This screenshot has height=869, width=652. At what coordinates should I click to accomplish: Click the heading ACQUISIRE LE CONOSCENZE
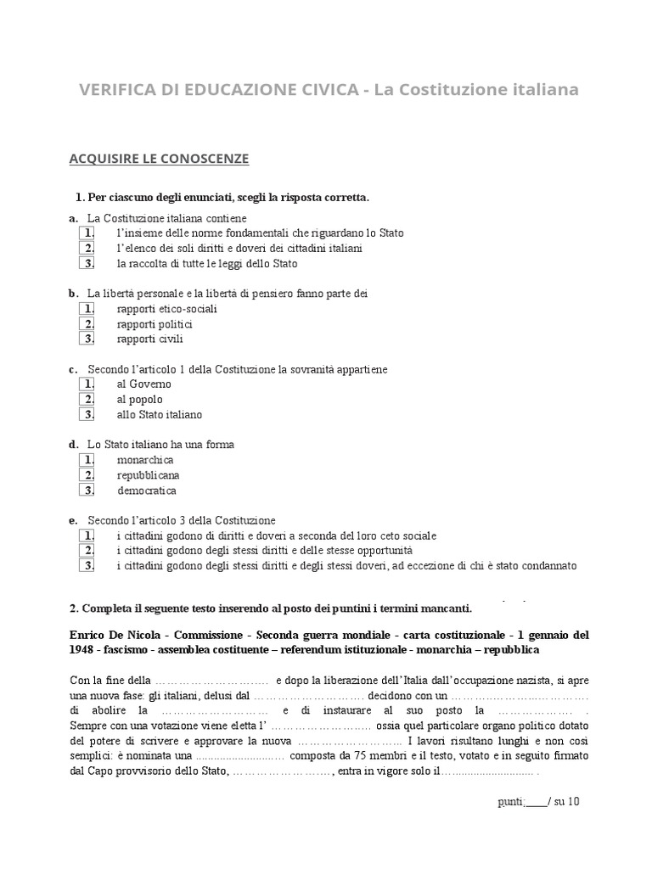pos(158,159)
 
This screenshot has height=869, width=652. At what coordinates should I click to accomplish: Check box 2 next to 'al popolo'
pos(87,399)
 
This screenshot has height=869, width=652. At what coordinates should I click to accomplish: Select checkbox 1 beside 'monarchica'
pos(87,459)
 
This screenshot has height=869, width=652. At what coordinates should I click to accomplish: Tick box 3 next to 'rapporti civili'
pos(87,339)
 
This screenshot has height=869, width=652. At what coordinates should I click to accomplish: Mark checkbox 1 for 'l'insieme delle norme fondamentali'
pos(87,233)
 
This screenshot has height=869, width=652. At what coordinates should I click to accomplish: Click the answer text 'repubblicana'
pos(148,475)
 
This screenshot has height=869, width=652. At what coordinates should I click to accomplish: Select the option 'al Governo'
pos(143,384)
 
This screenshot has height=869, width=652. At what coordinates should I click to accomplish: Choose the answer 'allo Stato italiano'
pos(160,415)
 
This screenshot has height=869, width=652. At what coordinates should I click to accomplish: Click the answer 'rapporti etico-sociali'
pos(166,309)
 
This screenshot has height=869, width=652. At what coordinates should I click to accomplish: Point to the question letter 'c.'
pos(73,369)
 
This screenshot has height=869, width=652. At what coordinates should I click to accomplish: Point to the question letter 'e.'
pos(73,519)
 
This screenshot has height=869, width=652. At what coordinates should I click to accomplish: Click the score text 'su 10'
pos(567,801)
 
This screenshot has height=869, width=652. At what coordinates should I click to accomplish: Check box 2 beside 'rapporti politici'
pos(87,323)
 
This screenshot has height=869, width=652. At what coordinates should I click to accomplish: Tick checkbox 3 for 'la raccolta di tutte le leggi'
pos(87,263)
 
